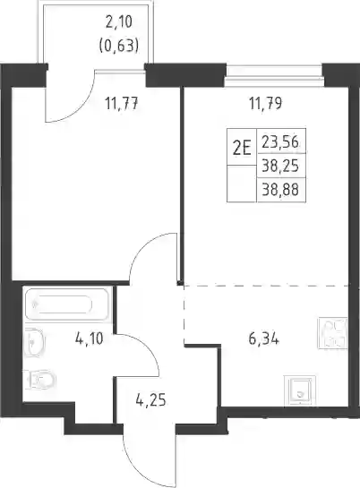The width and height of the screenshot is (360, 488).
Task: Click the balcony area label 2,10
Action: (119, 23)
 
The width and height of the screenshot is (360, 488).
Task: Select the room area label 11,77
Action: (122, 104)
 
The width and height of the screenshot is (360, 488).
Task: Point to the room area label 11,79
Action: (265, 104)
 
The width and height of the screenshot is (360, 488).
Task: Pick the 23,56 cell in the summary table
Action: (280, 143)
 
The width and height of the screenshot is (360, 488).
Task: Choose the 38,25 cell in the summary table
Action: (280, 166)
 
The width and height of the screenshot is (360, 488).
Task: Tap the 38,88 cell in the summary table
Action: (280, 190)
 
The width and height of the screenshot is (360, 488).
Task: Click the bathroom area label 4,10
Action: (89, 338)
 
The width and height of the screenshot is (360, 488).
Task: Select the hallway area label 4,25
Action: (150, 400)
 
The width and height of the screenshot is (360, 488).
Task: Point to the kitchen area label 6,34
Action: (264, 338)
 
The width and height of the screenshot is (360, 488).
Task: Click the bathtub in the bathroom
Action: (66, 304)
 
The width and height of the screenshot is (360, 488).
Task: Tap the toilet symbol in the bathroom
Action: (39, 379)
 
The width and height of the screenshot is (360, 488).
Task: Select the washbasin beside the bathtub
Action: (35, 342)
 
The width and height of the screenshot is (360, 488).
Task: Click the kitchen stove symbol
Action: (332, 333)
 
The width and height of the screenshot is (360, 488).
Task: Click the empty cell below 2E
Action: (242, 184)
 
